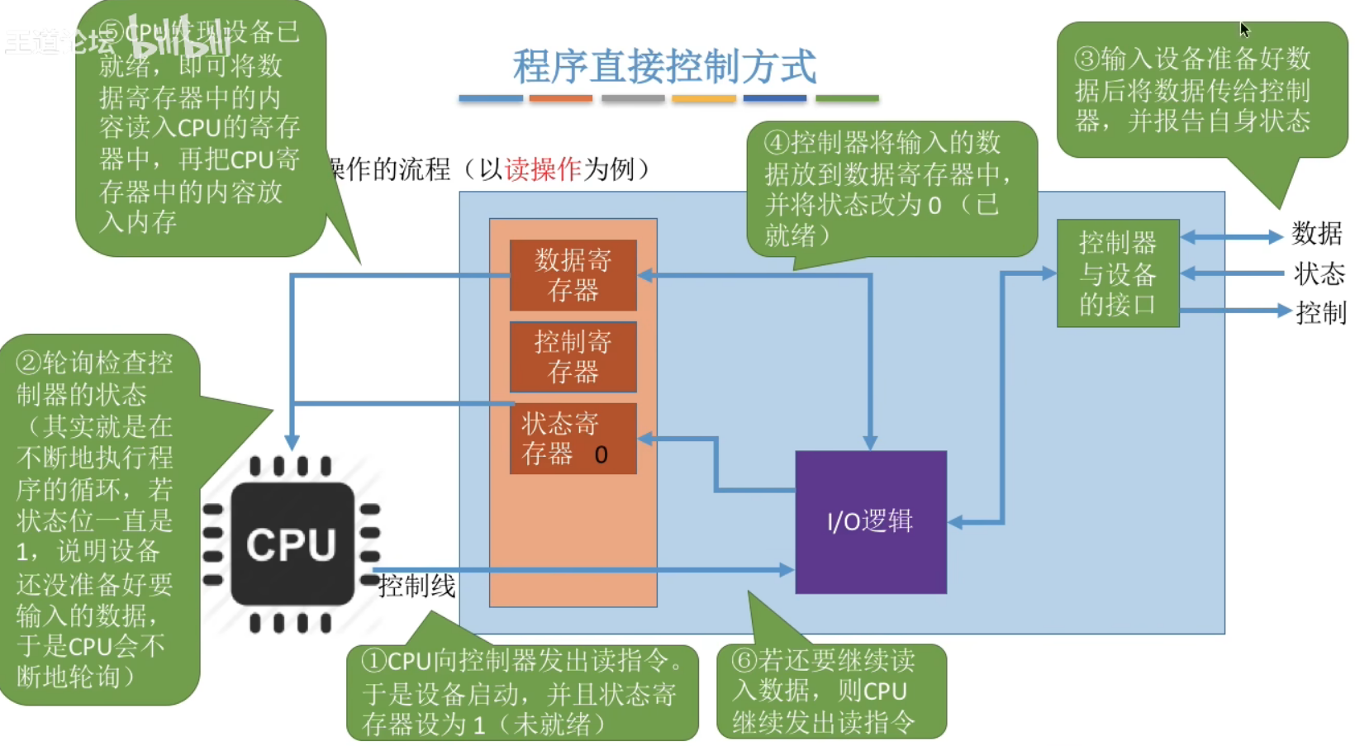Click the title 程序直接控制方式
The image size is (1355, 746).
coord(664,67)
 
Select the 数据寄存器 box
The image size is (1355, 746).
coord(573,275)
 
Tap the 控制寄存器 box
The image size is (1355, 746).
coord(573,357)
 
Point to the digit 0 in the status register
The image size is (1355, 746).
coord(601,455)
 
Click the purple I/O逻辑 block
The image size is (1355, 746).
coord(870,522)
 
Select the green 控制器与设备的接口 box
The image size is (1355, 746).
coord(1118,273)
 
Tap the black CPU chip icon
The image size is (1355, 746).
coord(292,544)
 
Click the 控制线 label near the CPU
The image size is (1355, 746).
coord(416,587)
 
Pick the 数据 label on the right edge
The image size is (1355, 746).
coord(1317,234)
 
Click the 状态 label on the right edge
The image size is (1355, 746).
coord(1319,273)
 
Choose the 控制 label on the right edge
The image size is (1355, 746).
coord(1320,313)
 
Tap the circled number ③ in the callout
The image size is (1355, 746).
coord(1086,59)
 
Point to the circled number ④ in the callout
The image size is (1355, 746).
coord(777,143)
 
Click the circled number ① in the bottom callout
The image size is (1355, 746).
coord(374,661)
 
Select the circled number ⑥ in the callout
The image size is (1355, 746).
coord(744,660)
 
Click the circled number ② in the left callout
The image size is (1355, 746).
coord(29,363)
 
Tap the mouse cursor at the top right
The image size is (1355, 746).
coord(1244,30)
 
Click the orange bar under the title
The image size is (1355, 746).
coord(561,98)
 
